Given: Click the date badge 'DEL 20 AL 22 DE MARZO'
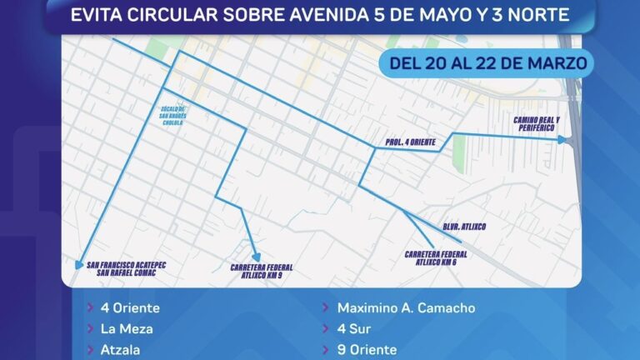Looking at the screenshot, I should (486, 62).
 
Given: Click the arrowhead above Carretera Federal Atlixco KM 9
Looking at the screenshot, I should (257, 257).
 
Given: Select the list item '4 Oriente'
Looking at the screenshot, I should (129, 308).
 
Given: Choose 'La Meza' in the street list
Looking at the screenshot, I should (126, 329).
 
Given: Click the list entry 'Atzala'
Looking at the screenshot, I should (120, 350).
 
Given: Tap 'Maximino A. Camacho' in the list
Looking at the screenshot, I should (406, 308).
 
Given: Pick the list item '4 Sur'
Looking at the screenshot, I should (353, 329).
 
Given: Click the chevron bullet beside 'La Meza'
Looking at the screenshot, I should (89, 329).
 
